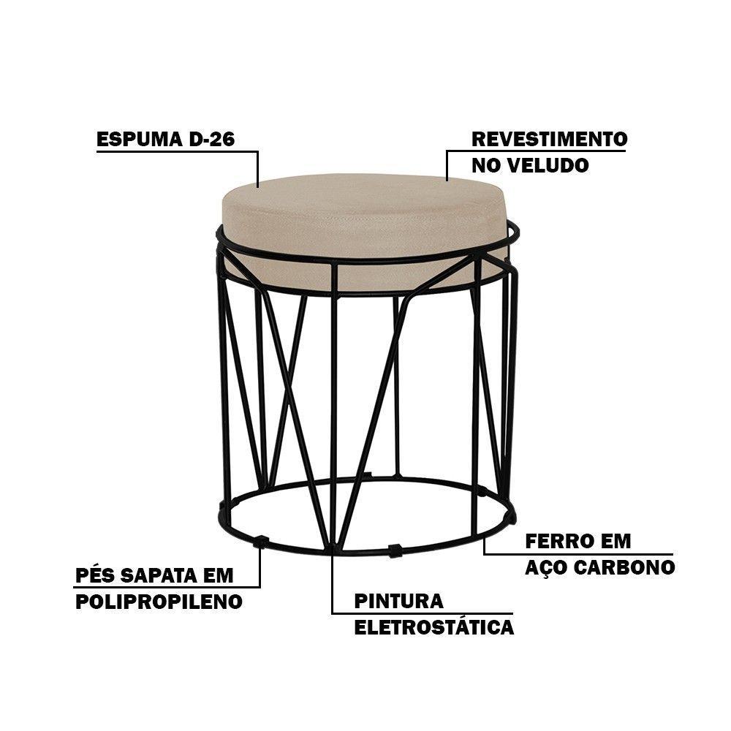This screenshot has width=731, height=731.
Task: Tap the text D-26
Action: coord(212,139)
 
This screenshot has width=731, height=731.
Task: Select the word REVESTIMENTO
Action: coord(550,139)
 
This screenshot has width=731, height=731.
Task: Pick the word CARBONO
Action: coord(624,567)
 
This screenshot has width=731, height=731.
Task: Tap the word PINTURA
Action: coord(399,601)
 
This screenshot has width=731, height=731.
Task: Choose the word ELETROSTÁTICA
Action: coord(434,627)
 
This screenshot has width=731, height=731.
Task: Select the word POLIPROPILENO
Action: coord(159,602)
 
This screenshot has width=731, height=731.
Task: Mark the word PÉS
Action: coord(95,575)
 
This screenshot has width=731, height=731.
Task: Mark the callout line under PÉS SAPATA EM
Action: coord(168,587)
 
